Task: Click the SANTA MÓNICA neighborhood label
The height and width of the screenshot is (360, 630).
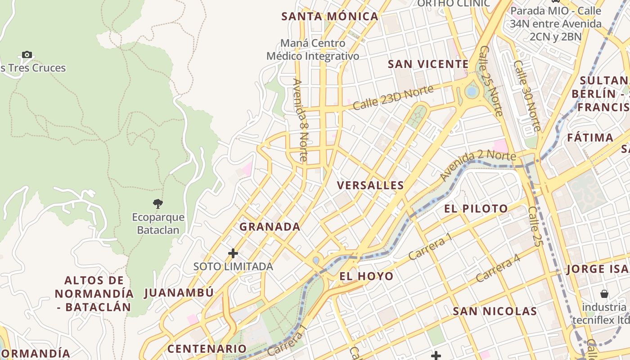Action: point(329,17)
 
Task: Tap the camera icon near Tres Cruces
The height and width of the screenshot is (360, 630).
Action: point(27,55)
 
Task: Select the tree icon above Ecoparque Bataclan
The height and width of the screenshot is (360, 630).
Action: point(157,204)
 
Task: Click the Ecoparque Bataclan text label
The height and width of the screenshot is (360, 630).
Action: point(158,224)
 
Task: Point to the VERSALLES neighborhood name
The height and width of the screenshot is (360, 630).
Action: point(370,185)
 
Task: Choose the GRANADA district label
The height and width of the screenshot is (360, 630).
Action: point(270,227)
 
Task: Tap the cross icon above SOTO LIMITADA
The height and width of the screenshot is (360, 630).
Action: point(233,253)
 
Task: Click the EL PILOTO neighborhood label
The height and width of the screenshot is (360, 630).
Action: point(476,209)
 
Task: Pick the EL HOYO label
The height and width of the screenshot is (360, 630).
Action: point(366,276)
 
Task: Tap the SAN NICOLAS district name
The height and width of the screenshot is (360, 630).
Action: point(495,311)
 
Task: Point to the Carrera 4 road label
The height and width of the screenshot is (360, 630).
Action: point(498,269)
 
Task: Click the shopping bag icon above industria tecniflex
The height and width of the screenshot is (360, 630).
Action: point(604,294)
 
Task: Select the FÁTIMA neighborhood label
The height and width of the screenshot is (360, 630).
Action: point(590,137)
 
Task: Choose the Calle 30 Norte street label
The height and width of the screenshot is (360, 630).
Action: point(527,95)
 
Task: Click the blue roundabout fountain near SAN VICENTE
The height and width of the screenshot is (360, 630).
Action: point(472,92)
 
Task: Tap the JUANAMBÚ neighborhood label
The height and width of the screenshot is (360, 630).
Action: point(179,293)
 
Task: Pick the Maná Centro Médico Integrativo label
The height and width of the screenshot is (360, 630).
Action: point(313,49)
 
